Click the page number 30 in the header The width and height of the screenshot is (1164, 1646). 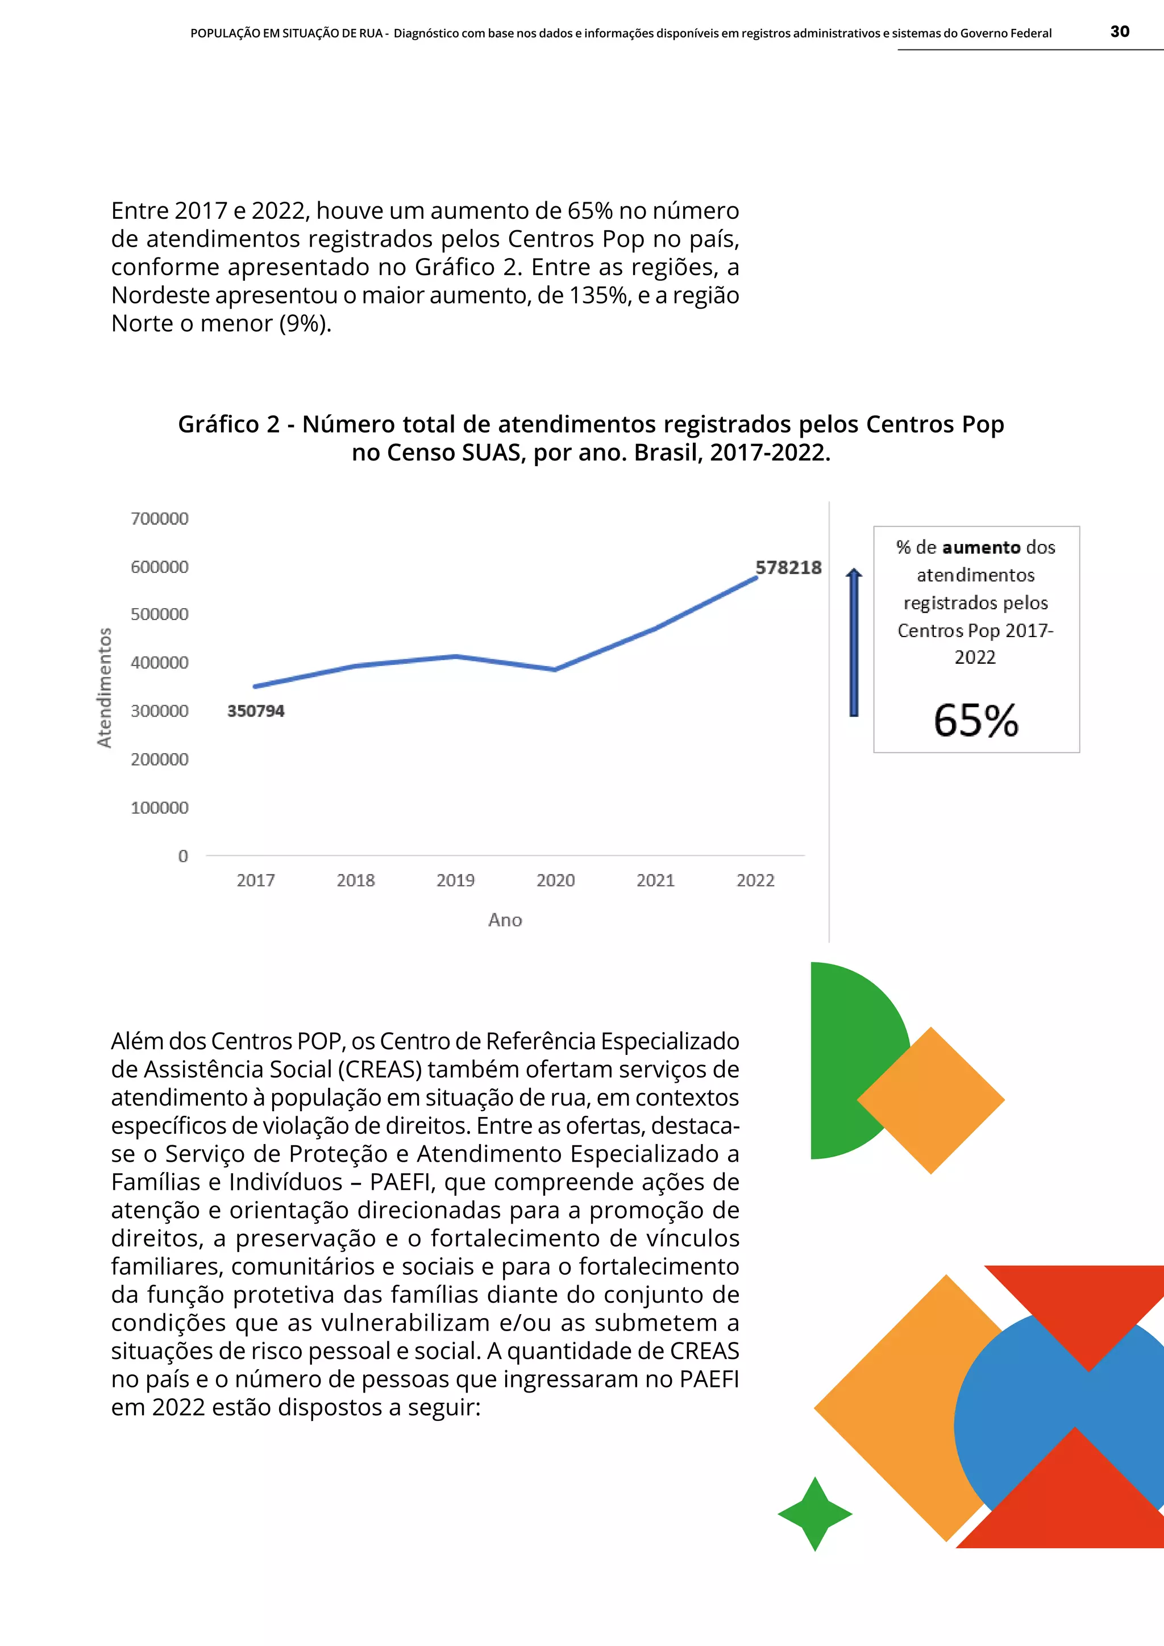(x=1119, y=31)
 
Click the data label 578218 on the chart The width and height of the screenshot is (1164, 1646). (x=788, y=567)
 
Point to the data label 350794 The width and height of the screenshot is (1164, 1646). (x=256, y=710)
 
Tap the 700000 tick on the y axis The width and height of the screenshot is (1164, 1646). (x=159, y=518)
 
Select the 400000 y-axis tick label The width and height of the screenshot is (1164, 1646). (x=159, y=662)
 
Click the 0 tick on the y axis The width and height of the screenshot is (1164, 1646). (x=183, y=856)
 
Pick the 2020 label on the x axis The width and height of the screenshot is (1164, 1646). (x=555, y=880)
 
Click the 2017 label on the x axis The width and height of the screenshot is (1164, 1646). (x=256, y=880)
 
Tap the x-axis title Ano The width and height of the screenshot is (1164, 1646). (x=505, y=920)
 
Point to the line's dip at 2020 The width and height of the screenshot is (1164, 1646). (x=555, y=669)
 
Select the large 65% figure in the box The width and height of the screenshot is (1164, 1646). (x=975, y=721)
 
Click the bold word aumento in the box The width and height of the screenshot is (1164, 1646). (x=980, y=548)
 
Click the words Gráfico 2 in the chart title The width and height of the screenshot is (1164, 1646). (x=228, y=425)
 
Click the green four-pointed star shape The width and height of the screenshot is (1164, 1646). (x=815, y=1514)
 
